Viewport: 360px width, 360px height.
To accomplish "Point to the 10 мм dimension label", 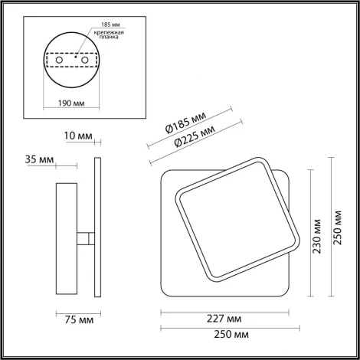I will [80, 136].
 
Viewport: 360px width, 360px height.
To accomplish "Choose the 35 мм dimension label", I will [39, 159].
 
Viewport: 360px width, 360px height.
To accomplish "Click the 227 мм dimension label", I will [225, 318].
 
